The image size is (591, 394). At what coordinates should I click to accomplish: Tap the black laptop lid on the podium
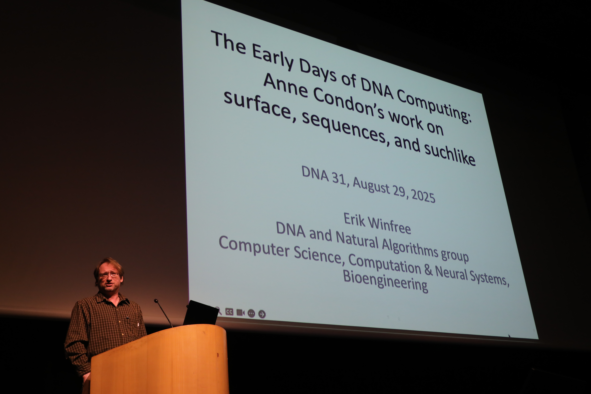point(201,313)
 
